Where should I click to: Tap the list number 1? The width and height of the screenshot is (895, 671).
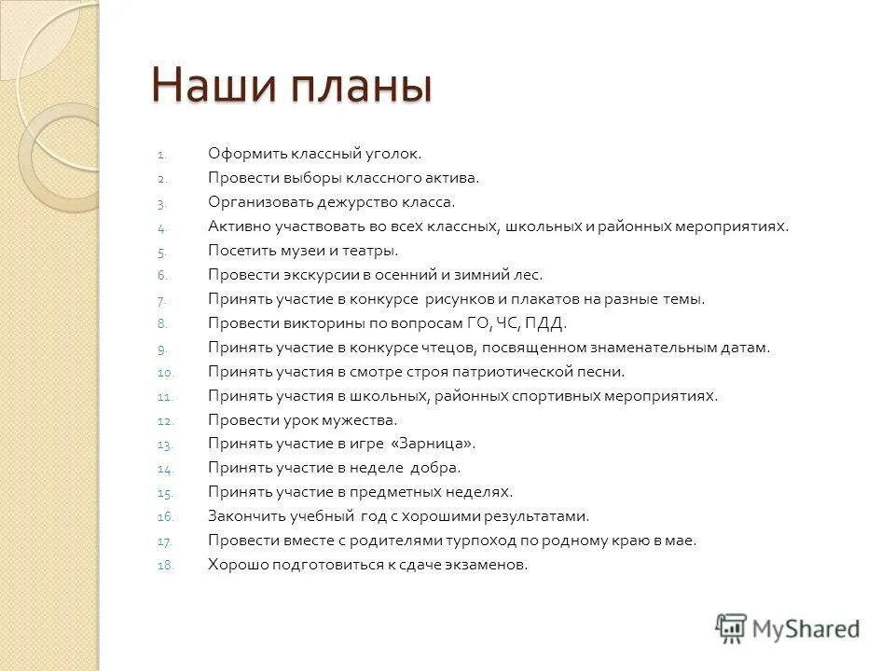tap(159, 154)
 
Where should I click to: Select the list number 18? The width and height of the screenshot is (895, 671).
tap(164, 566)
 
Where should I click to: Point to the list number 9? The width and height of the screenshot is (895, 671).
tap(160, 349)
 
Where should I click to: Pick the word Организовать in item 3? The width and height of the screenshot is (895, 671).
tap(254, 202)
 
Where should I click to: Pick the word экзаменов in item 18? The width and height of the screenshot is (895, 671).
tap(487, 565)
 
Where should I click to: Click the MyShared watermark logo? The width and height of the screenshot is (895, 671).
tap(788, 627)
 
